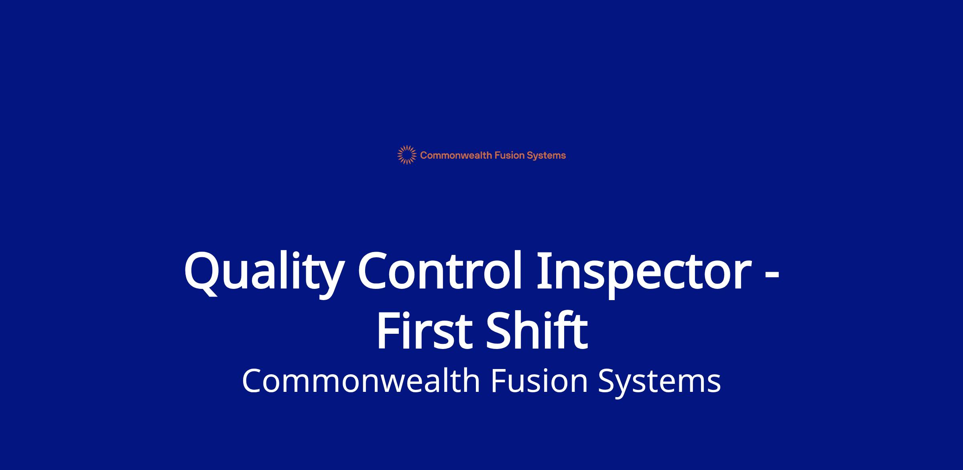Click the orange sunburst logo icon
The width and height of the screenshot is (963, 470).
coord(407,155)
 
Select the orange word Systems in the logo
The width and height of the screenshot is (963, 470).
coord(547,156)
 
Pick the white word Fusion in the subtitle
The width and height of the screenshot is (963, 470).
coord(539,381)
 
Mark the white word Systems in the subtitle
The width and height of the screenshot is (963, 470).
coord(659,383)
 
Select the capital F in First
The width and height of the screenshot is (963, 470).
coord(389,330)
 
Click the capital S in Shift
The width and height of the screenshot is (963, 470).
coord(500,330)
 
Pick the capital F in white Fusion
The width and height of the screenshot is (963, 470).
coord(499,381)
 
